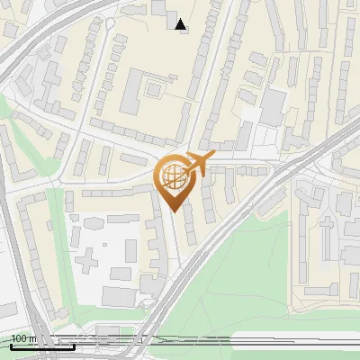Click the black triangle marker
pyautogui.click(x=182, y=24)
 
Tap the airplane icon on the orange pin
pyautogui.click(x=198, y=163)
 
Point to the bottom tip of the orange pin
pyautogui.click(x=172, y=211)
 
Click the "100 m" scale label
pyautogui.click(x=22, y=339)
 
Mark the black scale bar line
pyautogui.click(x=41, y=346)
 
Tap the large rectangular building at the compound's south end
pyautogui.click(x=117, y=296)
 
